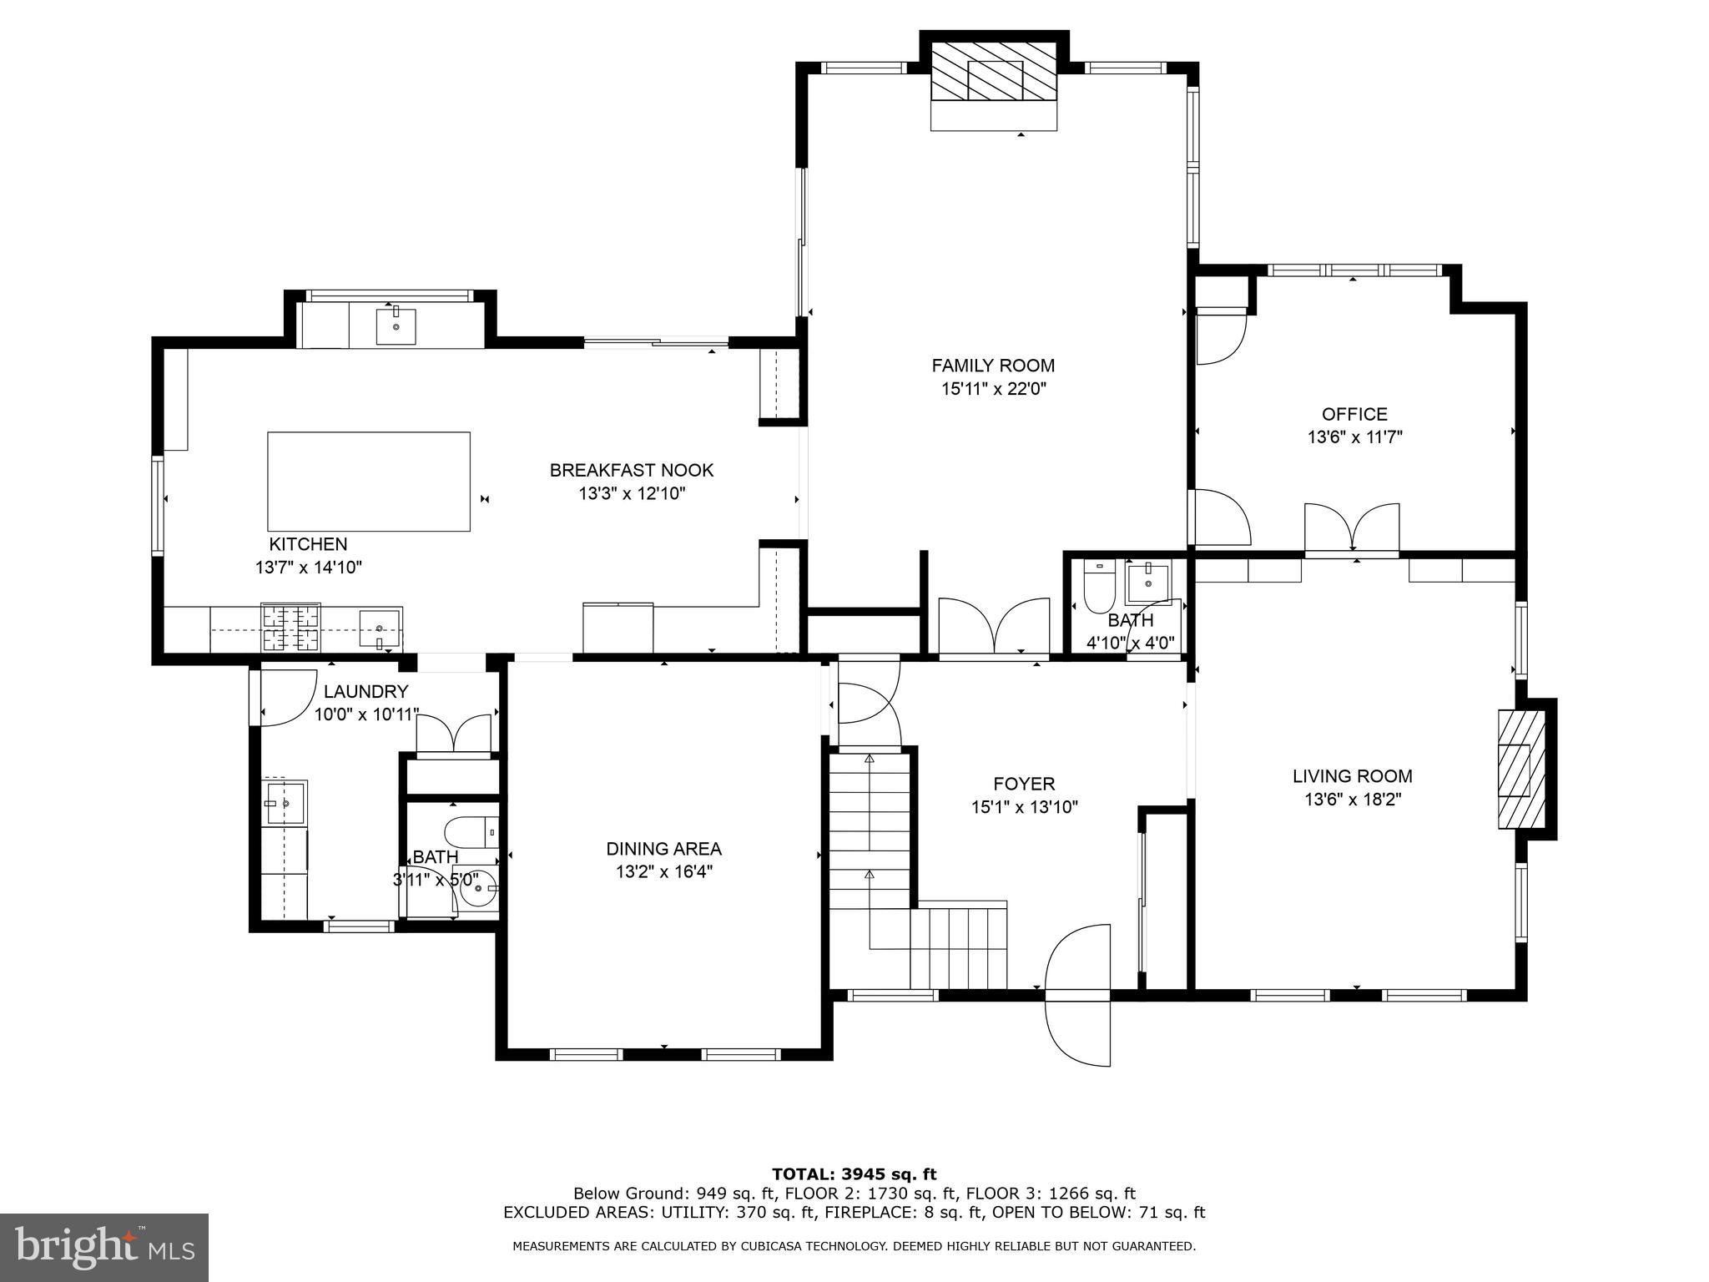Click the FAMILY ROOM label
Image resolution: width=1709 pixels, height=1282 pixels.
[x=992, y=366]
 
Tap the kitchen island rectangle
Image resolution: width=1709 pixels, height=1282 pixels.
[x=368, y=482]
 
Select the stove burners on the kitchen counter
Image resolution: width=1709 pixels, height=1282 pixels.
[x=290, y=628]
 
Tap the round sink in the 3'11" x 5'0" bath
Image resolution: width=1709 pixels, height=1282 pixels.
[x=479, y=892]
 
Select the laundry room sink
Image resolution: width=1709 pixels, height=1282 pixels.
[x=285, y=802]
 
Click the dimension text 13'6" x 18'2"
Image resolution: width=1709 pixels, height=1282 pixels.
[x=1352, y=800]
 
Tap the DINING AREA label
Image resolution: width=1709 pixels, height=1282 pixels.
[x=663, y=849]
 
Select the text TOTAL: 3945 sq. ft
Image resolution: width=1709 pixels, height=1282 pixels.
[x=854, y=1174]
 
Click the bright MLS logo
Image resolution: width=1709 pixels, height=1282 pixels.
[x=104, y=1247]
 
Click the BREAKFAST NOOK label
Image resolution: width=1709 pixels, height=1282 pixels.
[x=631, y=471]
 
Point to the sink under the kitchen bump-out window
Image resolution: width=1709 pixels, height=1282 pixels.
[x=396, y=326]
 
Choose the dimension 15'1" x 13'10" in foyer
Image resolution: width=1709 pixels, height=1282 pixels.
[x=1024, y=807]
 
